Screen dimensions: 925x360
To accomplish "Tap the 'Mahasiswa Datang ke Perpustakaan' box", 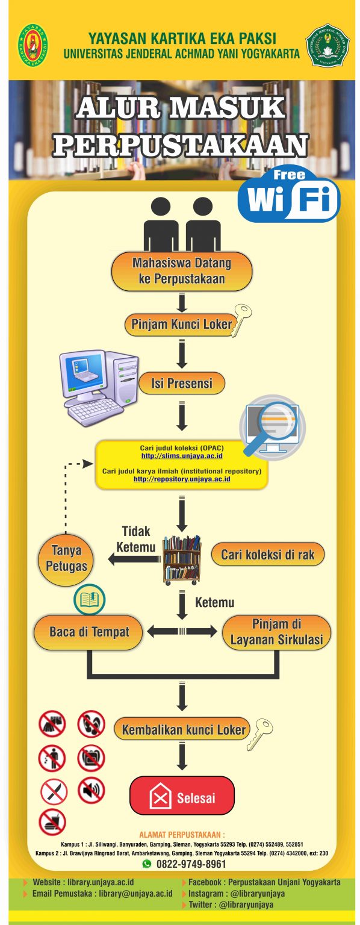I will pyautogui.click(x=181, y=271).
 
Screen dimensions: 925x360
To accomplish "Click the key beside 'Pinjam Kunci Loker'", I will pyautogui.click(x=242, y=319).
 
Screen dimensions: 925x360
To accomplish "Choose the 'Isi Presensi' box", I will pyautogui.click(x=181, y=383).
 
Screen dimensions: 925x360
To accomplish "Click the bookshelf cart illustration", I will pyautogui.click(x=182, y=559).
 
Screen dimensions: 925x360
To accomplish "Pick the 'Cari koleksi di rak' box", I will pyautogui.click(x=267, y=555).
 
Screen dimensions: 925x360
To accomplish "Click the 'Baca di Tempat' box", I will pyautogui.click(x=89, y=632).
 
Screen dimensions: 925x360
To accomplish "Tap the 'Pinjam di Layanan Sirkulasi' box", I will pyautogui.click(x=276, y=632).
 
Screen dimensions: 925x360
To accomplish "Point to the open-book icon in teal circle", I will pyautogui.click(x=89, y=599).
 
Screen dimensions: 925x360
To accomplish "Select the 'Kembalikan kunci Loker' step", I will pyautogui.click(x=181, y=730).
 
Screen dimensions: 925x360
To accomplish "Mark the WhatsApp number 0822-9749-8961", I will pyautogui.click(x=191, y=864).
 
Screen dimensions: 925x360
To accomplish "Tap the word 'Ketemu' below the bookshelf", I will pyautogui.click(x=214, y=602).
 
